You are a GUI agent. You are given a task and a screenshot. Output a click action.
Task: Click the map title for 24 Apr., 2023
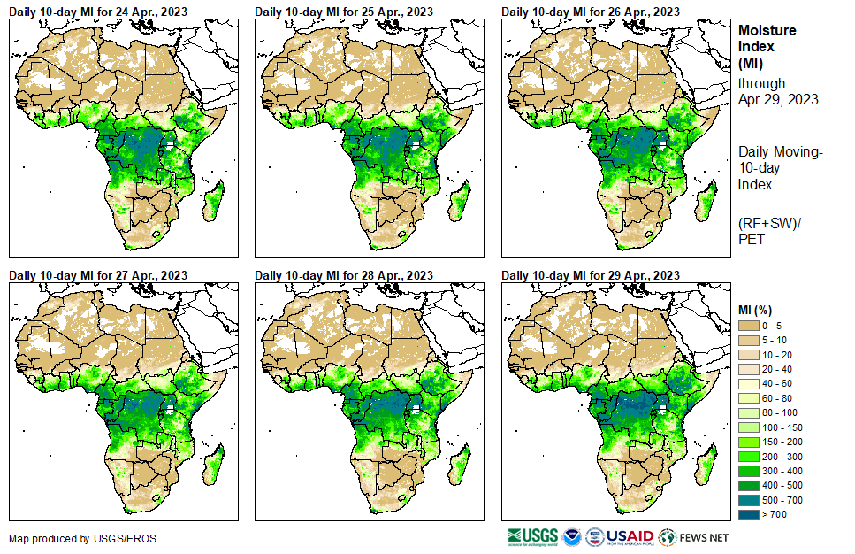98,12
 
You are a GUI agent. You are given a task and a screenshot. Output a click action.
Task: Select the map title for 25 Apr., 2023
344,12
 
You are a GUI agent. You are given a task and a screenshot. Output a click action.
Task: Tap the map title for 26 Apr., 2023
591,12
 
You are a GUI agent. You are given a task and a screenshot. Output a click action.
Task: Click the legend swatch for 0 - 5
749,326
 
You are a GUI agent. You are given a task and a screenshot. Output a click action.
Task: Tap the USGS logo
532,537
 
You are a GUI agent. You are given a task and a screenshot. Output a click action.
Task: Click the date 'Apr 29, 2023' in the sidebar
778,99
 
